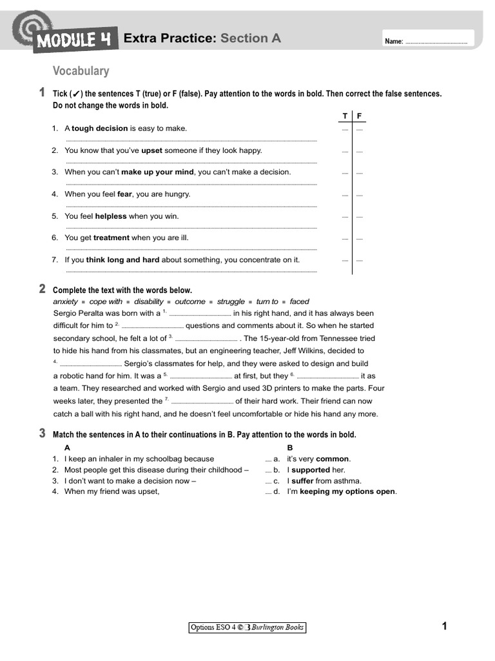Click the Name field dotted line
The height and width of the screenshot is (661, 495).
(436, 42)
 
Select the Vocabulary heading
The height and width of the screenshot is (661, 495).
(81, 71)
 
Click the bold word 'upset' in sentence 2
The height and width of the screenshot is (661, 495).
(151, 150)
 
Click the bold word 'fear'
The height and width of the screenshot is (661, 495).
(124, 194)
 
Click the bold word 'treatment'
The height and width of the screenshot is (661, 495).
(112, 238)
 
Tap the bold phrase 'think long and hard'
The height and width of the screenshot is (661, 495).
(122, 260)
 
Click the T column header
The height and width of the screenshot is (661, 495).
(345, 116)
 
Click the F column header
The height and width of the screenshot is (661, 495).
(360, 116)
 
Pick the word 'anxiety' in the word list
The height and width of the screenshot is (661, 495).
(65, 301)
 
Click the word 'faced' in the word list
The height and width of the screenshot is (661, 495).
(299, 301)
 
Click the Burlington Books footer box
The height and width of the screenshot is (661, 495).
(247, 627)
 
